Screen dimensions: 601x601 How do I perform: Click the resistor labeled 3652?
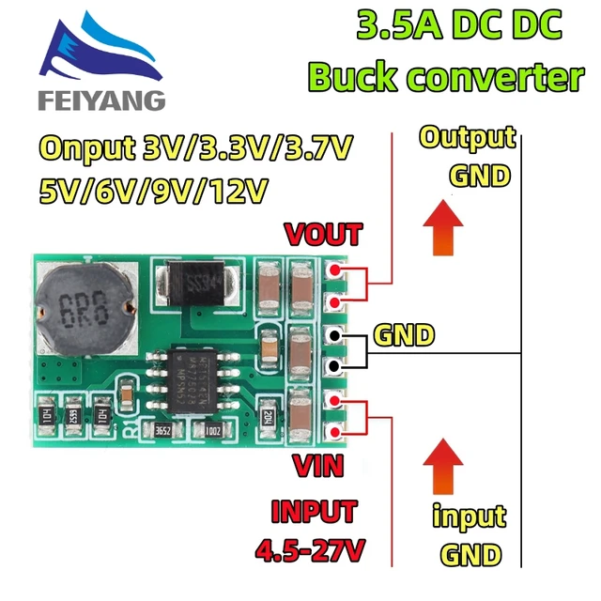(x=165, y=430)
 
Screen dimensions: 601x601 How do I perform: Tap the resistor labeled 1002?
(x=213, y=430)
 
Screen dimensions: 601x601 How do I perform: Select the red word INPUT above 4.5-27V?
(x=314, y=512)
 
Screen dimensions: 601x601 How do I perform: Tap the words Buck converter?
(x=446, y=77)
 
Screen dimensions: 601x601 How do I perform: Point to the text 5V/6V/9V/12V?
(x=155, y=191)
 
